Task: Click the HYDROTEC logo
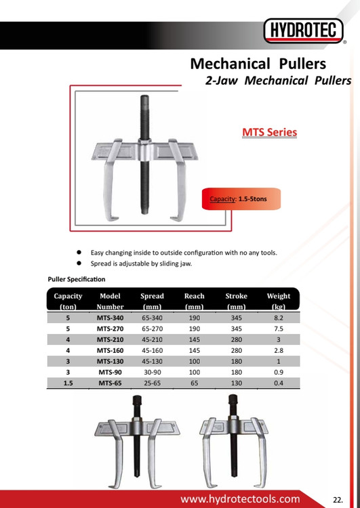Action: (x=303, y=30)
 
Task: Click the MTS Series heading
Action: (x=270, y=132)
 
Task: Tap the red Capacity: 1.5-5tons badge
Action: (x=241, y=198)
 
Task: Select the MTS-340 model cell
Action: (x=110, y=318)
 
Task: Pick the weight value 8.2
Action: (x=279, y=318)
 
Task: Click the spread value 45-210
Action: (x=152, y=339)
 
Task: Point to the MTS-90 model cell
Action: (x=110, y=373)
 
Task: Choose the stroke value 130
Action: (x=237, y=383)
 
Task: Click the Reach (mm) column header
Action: (x=195, y=301)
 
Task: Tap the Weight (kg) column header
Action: (x=279, y=301)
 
